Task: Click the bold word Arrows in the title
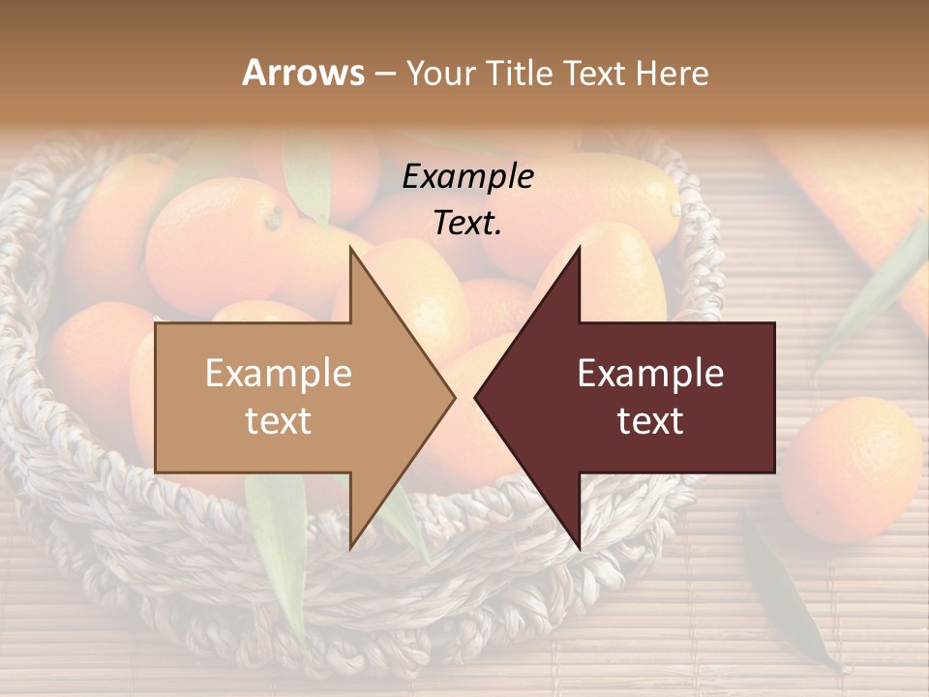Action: point(303,73)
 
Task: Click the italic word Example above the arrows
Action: point(467,176)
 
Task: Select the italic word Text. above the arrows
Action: point(467,223)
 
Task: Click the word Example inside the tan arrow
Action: point(279,373)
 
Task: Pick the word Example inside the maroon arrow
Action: point(650,373)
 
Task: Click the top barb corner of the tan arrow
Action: point(351,249)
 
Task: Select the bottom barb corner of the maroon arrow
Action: point(579,547)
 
